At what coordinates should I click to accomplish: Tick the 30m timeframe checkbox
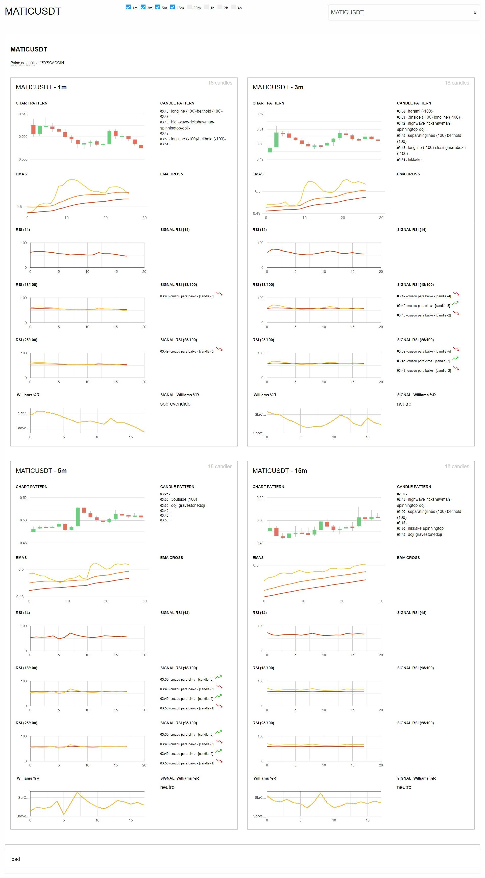189,7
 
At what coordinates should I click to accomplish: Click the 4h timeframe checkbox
234,7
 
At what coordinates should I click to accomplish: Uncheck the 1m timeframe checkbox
128,7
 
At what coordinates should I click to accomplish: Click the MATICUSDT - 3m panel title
278,87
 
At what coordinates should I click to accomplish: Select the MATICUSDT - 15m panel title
279,471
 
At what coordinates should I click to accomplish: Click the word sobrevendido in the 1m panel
175,404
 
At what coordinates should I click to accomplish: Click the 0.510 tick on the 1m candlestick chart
23,114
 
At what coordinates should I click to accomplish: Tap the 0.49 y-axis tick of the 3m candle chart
260,159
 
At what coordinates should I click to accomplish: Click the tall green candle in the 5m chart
78,517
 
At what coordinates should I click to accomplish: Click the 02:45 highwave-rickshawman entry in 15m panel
424,499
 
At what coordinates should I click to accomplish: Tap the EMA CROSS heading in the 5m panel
172,557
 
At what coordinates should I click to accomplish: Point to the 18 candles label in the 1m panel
220,83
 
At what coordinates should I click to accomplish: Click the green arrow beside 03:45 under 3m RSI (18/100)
455,303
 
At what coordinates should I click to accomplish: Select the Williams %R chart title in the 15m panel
265,778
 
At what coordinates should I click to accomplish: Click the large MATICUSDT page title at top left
33,11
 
